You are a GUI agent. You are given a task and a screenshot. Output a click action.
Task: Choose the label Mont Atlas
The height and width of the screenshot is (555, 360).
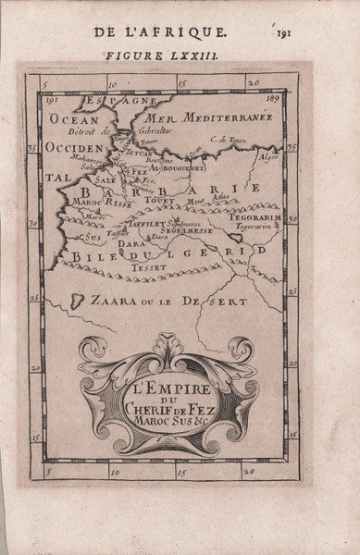tap(227, 202)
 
